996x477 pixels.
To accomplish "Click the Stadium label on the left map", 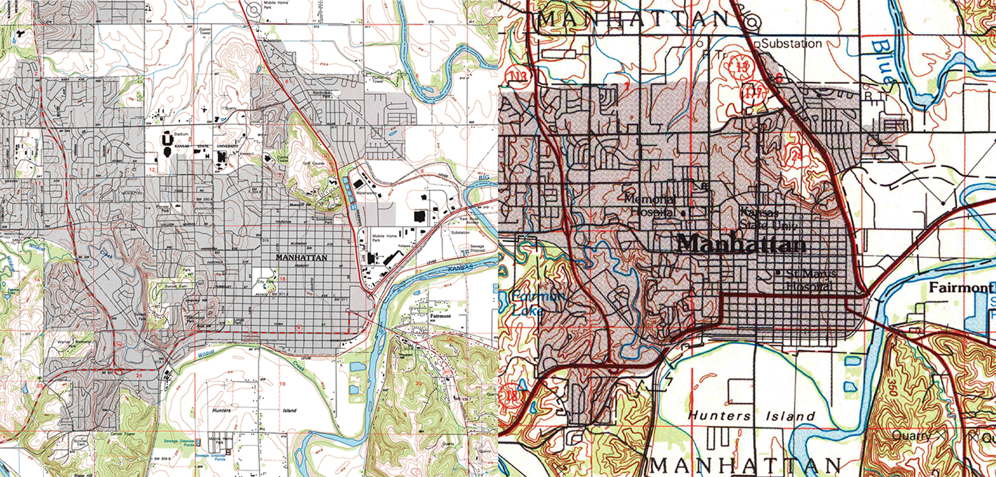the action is coord(181,134).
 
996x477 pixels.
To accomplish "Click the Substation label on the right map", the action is coord(791,44).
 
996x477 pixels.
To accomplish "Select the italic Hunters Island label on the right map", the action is coord(751,416).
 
